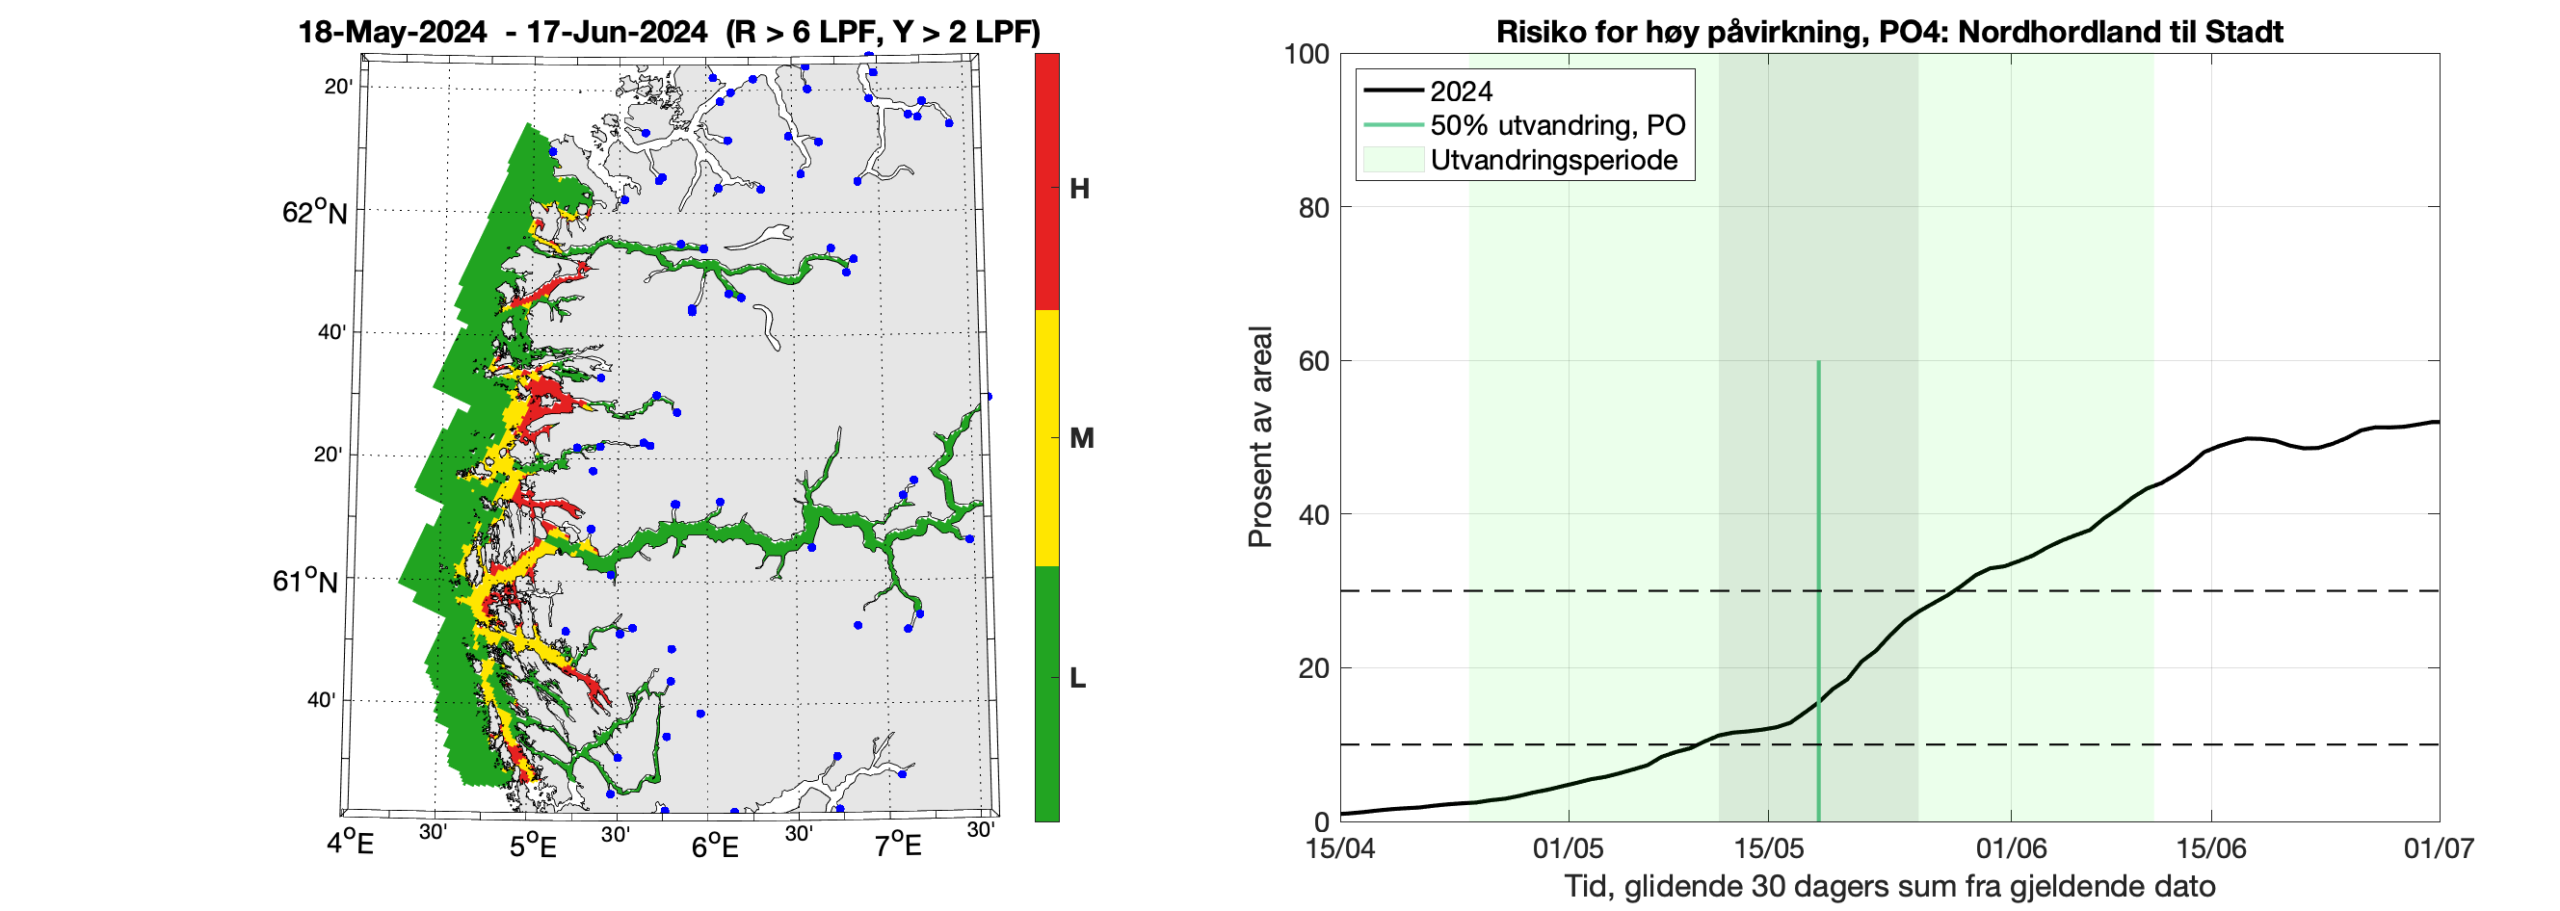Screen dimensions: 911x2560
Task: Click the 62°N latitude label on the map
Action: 314,212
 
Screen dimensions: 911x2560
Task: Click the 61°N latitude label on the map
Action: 305,580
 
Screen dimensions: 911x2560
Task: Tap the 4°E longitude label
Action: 350,845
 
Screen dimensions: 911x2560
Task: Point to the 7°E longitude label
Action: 897,846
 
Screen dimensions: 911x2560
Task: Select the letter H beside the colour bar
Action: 1079,189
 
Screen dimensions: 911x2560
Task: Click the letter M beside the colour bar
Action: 1081,438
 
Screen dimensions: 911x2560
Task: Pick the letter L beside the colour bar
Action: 1077,679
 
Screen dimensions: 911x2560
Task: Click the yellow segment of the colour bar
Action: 1046,437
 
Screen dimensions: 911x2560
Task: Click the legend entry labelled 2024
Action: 1461,91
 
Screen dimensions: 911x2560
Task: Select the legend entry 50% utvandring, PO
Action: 1557,125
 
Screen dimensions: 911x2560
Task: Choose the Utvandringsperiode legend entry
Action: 1553,160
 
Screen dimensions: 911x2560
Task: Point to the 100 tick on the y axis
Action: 1306,54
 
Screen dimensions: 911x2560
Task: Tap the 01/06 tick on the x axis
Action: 2011,848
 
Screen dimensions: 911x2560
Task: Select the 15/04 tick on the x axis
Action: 1340,848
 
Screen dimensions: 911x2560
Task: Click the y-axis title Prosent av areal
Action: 1260,437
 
